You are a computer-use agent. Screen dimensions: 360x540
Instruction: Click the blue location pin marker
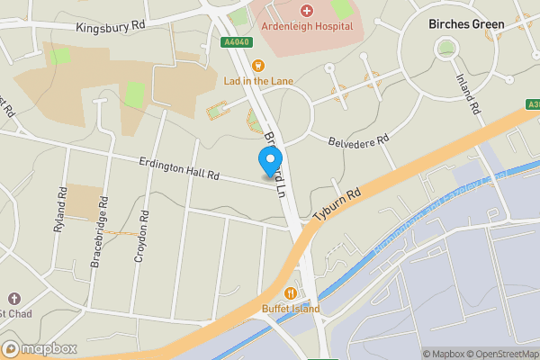(269, 163)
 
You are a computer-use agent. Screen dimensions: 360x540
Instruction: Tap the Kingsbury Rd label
(111, 28)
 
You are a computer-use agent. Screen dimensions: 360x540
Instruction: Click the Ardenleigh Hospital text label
(306, 26)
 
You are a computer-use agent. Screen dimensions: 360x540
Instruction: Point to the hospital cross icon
(306, 11)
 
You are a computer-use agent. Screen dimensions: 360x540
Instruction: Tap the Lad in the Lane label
(257, 80)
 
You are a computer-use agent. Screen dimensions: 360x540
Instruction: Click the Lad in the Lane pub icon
(257, 65)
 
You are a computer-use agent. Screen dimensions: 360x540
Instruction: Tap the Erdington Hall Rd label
(180, 170)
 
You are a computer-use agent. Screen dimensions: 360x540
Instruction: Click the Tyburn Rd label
(337, 205)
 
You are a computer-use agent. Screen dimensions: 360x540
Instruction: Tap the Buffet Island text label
(291, 309)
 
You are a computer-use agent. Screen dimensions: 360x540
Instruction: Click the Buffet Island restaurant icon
(291, 293)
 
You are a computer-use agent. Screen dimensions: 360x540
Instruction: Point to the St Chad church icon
(13, 298)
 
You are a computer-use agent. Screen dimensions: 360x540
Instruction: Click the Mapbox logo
(37, 348)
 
